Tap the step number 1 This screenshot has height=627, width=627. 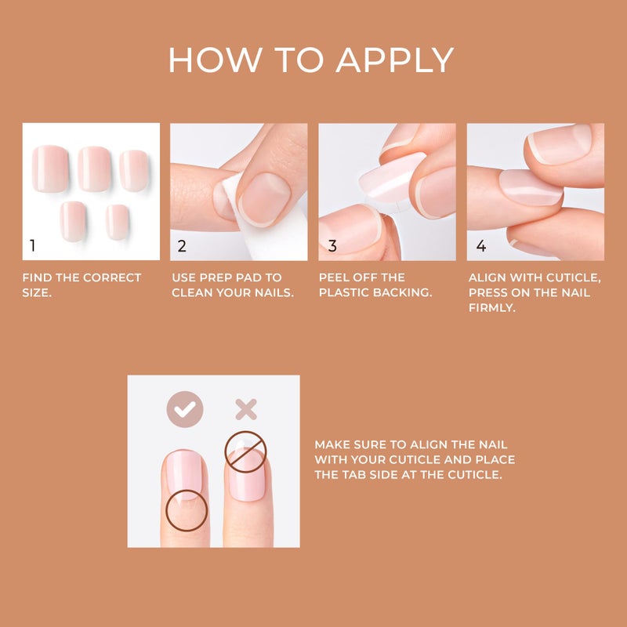(x=32, y=245)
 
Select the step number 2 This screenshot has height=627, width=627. (x=182, y=245)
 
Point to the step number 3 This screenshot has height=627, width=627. (x=332, y=245)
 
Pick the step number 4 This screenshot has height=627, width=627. (x=480, y=245)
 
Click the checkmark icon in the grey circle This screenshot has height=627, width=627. (x=185, y=409)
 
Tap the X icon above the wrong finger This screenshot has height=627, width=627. (x=246, y=409)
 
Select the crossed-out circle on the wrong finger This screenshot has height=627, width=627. (x=245, y=451)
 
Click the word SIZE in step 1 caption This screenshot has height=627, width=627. (x=36, y=292)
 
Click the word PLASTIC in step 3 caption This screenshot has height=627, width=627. (x=347, y=292)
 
